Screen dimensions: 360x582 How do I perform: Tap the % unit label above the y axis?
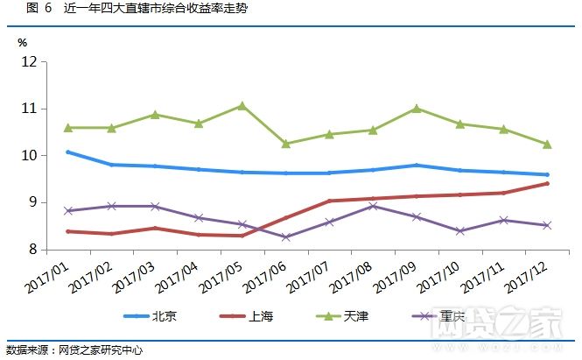click(23, 42)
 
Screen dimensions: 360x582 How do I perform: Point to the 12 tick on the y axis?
click(29, 62)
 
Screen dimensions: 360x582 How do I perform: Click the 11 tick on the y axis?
click(29, 109)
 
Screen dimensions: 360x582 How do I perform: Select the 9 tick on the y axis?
click(32, 203)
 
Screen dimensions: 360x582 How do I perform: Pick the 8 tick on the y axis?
click(32, 251)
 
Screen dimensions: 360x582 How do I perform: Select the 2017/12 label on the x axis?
click(528, 274)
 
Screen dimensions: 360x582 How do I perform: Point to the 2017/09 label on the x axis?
click(397, 274)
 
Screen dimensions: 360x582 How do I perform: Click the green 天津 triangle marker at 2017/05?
click(242, 106)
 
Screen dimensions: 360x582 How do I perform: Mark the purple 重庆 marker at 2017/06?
click(286, 237)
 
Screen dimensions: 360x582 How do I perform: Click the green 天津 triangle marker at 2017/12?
click(547, 145)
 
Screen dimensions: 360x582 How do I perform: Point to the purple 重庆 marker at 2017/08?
click(374, 207)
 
